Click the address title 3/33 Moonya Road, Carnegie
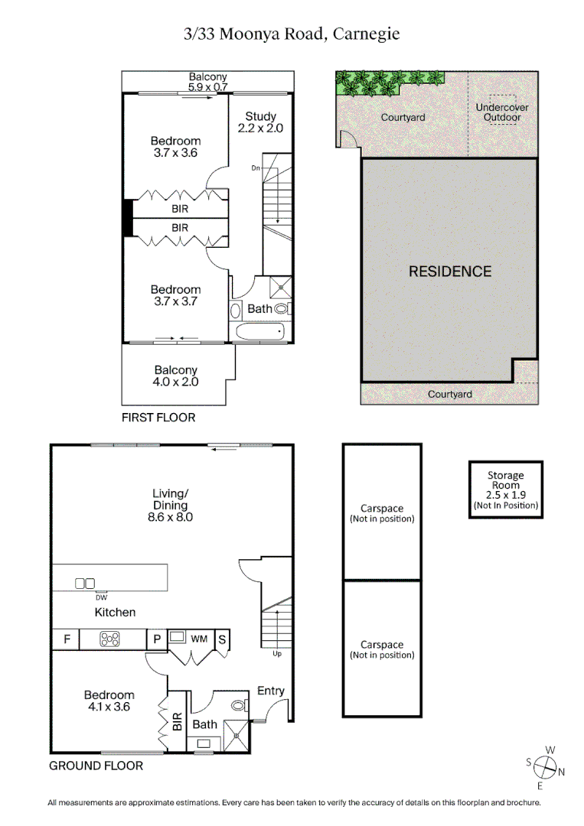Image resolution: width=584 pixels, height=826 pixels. click(x=292, y=34)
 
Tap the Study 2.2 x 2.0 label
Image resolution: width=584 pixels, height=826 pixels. click(x=260, y=122)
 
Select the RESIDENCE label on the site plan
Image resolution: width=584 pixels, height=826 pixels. click(x=449, y=272)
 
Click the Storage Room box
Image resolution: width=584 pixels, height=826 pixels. click(x=506, y=489)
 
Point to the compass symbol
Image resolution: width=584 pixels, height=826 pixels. click(x=545, y=766)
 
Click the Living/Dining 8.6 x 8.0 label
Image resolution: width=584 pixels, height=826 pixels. click(x=171, y=505)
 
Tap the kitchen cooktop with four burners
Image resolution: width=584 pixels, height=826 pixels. click(x=111, y=639)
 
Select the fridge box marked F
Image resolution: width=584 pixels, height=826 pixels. click(x=67, y=639)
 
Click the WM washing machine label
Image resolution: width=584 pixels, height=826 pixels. click(x=199, y=638)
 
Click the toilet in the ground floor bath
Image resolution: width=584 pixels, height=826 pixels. click(x=239, y=705)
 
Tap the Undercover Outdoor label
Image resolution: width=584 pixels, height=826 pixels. click(x=501, y=112)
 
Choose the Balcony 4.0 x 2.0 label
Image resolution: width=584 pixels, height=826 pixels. click(x=175, y=376)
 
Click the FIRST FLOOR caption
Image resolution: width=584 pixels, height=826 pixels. click(x=158, y=418)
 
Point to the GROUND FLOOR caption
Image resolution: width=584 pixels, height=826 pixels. click(x=96, y=766)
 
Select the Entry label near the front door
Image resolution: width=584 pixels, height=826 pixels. click(x=270, y=691)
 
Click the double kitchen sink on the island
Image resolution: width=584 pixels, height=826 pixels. click(x=84, y=584)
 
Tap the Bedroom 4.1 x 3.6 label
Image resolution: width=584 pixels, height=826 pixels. click(x=109, y=701)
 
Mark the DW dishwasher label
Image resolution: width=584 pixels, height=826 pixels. click(x=101, y=597)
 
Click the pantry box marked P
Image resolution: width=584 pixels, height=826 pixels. click(x=157, y=639)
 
